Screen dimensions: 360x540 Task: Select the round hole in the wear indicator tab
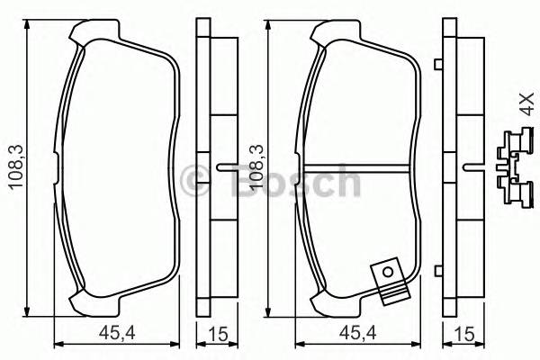coord(387,270)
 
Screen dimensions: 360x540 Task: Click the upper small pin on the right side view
coord(436,64)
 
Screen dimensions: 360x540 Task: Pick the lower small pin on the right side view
coord(436,269)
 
